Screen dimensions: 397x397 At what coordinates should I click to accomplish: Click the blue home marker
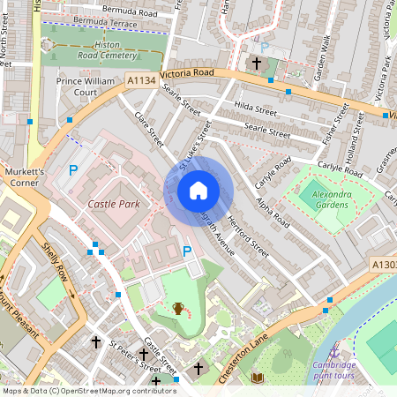coord(198,190)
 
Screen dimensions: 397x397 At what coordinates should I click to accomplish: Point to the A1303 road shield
coord(383,264)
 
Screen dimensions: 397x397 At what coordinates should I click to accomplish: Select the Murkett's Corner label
coord(24,176)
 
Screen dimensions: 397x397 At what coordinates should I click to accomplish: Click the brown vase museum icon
coord(178,308)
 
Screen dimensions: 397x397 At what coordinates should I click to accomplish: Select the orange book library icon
coord(258,378)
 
